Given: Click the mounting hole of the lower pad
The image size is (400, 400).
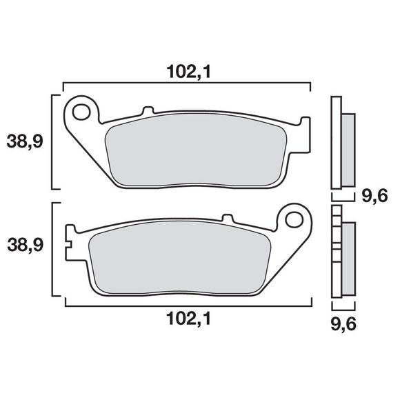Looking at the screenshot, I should (294, 221).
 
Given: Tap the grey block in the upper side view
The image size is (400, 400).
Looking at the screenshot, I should (348, 148).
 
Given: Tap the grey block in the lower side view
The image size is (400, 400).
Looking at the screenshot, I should (348, 259).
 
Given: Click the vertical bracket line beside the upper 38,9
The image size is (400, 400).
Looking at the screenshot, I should (54, 141).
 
